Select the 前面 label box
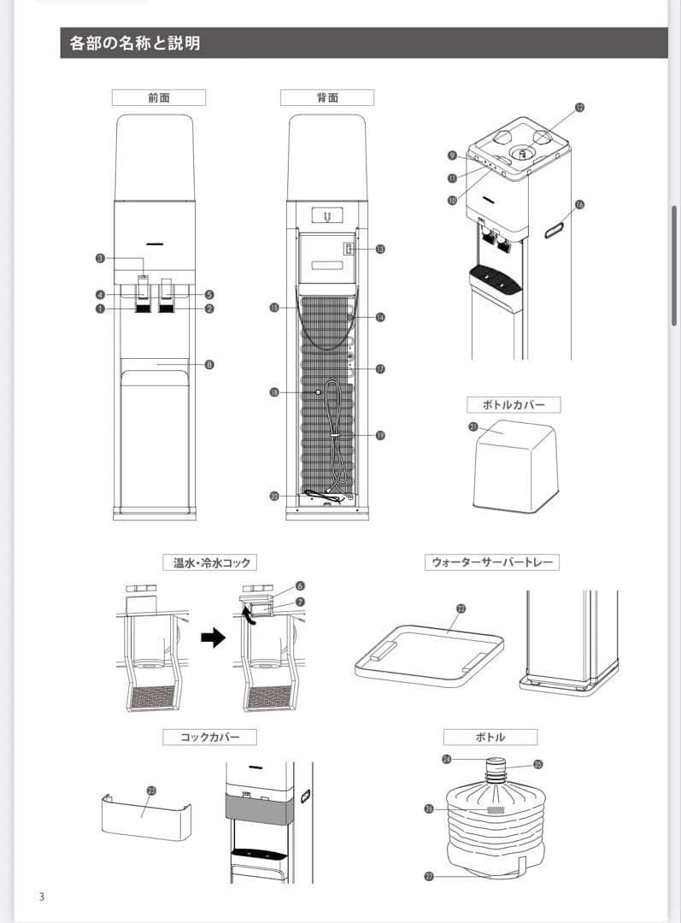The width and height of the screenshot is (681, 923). [158, 97]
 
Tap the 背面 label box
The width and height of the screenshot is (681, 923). [327, 97]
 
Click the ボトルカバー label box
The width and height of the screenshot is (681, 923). [514, 404]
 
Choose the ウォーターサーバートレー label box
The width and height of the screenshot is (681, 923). [491, 562]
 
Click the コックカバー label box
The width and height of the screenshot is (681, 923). [209, 737]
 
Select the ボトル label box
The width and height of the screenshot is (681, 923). [490, 737]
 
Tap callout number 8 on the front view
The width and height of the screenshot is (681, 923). [209, 364]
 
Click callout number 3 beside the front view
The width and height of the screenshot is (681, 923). [100, 257]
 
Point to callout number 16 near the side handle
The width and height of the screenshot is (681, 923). [579, 204]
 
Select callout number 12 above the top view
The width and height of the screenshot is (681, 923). [579, 108]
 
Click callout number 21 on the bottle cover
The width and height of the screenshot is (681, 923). [473, 426]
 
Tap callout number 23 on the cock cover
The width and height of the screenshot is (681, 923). [151, 791]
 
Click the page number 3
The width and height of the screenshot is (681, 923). [41, 897]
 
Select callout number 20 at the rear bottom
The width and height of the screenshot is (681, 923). [274, 496]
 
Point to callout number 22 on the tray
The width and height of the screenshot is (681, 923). [461, 608]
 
